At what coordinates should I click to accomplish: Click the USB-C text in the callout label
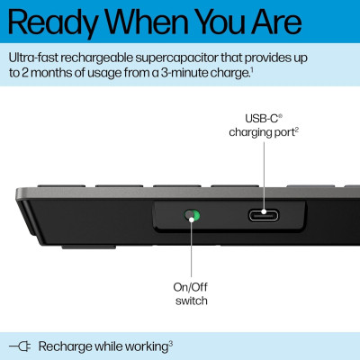tap(262, 118)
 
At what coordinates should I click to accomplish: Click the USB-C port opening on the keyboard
tap(263, 216)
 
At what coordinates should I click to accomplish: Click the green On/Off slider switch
tap(190, 216)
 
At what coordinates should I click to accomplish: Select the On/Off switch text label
tap(190, 293)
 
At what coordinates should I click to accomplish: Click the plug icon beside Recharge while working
tap(20, 346)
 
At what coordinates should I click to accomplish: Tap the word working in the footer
tap(144, 346)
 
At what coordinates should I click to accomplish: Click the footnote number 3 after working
tap(171, 342)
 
